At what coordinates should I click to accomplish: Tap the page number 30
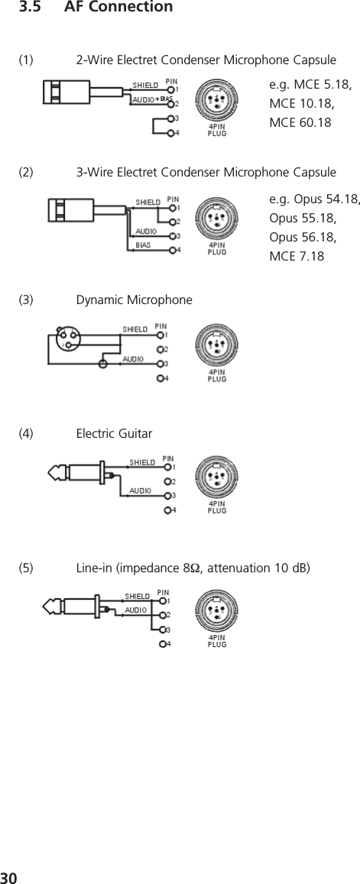pos(9,874)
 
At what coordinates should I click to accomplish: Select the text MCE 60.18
pos(300,122)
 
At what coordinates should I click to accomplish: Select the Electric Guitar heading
pos(114,434)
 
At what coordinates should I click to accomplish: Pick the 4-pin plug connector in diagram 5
pos(217,611)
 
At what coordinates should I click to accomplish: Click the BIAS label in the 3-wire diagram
pos(143,245)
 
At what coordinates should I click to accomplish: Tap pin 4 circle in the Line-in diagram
pos(162,644)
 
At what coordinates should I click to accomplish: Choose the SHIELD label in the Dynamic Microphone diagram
pos(136,329)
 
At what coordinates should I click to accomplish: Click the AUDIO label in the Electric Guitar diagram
pos(140,491)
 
